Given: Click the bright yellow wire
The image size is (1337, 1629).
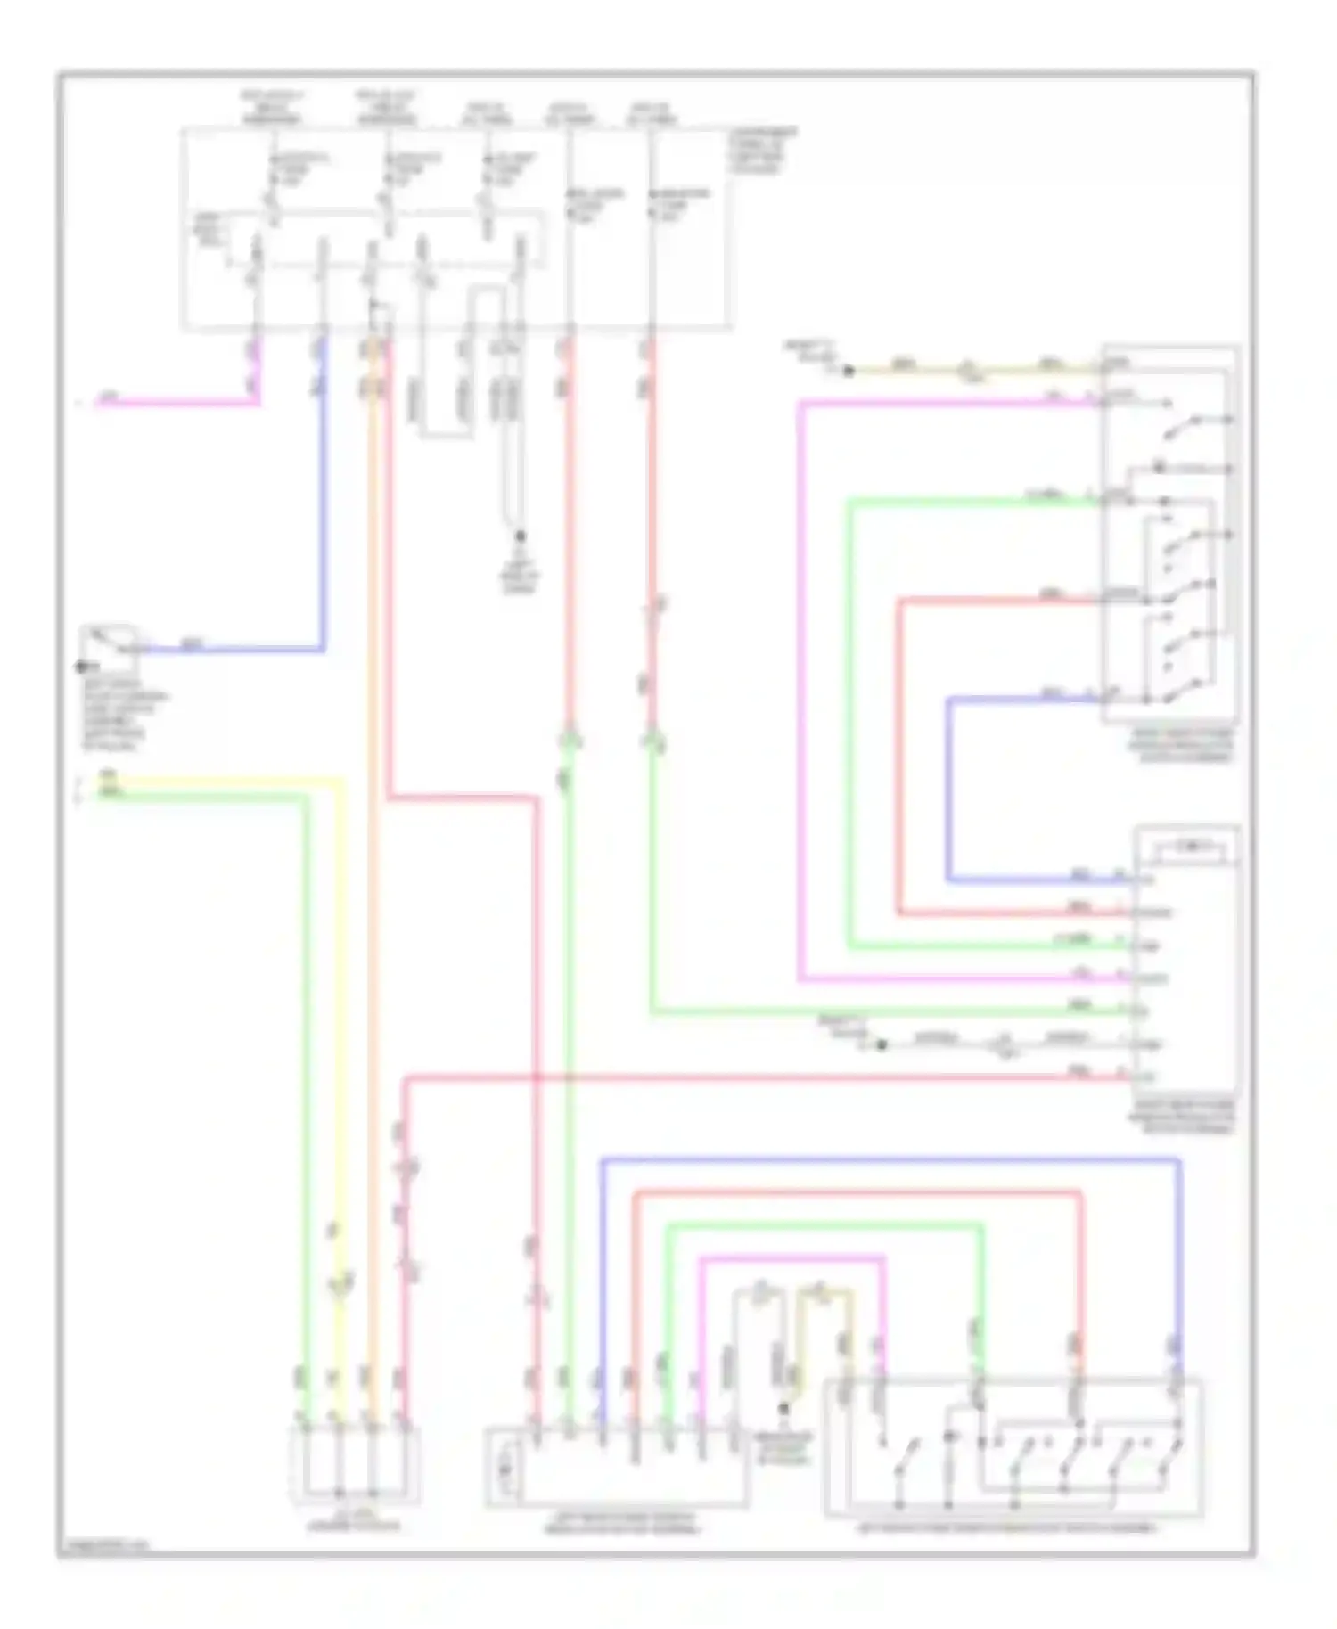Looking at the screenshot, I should coord(340,1025).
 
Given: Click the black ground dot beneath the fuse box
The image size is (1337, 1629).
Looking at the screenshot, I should coord(520,536).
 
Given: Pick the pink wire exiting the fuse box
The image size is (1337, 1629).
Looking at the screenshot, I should coord(178,403).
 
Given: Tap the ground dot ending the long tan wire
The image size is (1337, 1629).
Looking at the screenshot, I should coord(848,370).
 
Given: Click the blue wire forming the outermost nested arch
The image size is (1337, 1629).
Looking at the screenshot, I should coord(891,1160).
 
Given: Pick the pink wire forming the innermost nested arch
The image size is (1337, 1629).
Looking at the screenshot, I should coord(793,1258).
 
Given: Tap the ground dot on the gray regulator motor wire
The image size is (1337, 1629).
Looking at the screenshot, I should coord(881,1044).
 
